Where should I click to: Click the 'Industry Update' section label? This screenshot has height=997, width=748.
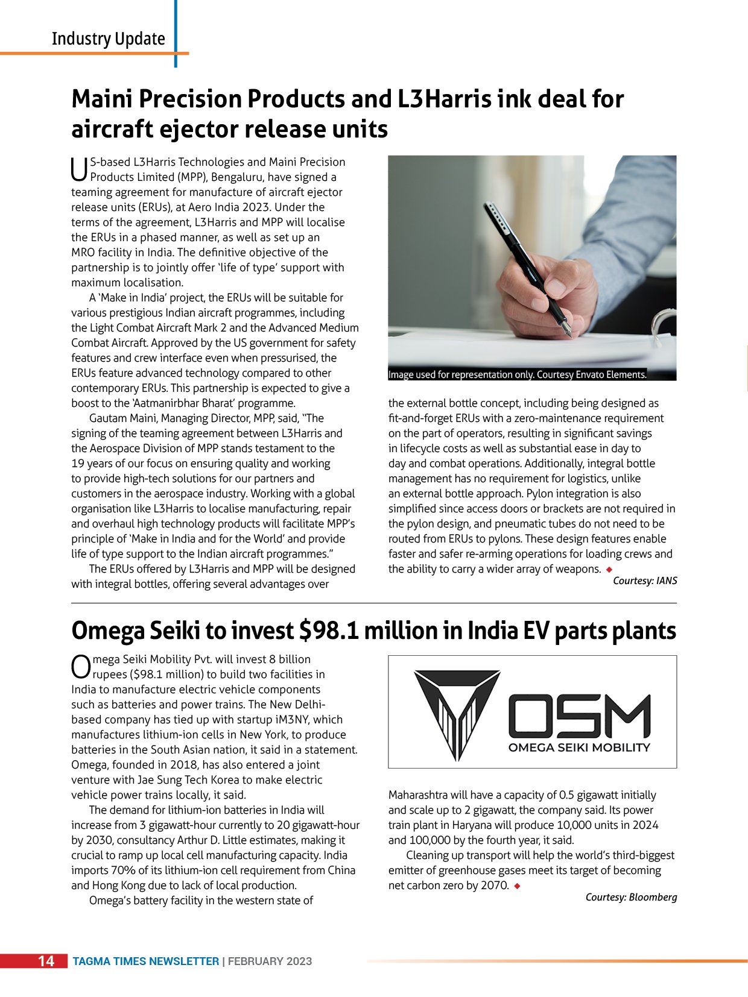tap(109, 39)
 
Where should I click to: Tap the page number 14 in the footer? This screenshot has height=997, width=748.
tap(46, 961)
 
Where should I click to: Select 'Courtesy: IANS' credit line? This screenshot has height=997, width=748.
tap(645, 580)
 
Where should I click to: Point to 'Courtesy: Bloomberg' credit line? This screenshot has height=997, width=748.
tap(631, 897)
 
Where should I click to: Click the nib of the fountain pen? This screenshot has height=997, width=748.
tap(566, 329)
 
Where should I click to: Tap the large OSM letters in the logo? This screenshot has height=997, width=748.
tap(579, 716)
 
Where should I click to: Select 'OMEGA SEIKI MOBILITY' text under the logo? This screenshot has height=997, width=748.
tap(579, 747)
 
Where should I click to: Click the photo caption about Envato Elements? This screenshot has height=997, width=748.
tap(518, 374)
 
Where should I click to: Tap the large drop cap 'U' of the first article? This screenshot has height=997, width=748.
tap(80, 169)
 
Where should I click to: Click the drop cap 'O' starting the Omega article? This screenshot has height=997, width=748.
tap(81, 667)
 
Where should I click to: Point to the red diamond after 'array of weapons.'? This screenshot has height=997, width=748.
tap(609, 570)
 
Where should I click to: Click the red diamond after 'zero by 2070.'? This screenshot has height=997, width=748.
tap(518, 886)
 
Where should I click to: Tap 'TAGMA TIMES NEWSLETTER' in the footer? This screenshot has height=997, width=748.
tap(145, 961)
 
